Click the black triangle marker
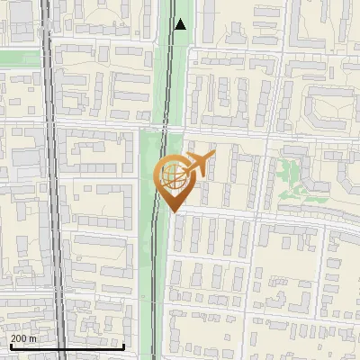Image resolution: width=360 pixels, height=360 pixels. coord(181,24)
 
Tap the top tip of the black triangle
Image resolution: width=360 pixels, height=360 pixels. coord(181,19)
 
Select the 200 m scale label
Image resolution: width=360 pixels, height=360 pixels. coord(23,338)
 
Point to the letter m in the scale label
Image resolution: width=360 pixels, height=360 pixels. coord(32,338)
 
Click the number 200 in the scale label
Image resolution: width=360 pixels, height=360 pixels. coord(19,338)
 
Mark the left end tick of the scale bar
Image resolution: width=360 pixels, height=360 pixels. coord(11,344)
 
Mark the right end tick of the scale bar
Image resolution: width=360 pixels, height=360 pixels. coord(123,344)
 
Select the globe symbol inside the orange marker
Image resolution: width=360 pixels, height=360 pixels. coord(174,176)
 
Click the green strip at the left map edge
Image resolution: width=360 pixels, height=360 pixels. coord(18,58)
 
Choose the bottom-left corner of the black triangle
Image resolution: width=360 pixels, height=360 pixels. coord(175,29)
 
